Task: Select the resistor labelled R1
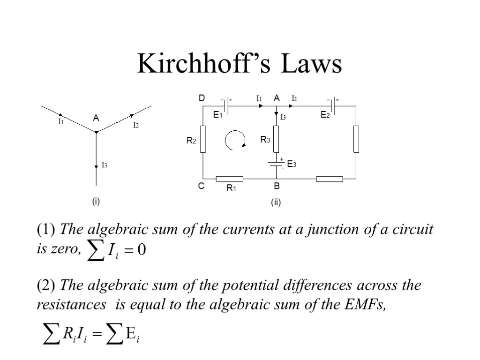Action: (229, 179)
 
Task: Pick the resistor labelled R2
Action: (203, 139)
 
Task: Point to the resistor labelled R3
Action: (276, 139)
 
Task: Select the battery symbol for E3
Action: (276, 164)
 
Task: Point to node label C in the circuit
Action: (201, 186)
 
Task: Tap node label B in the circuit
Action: (277, 186)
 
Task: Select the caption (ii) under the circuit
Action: (275, 202)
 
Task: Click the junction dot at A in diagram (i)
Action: (96, 132)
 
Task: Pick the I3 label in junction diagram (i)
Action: (105, 165)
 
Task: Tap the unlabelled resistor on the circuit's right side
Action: (356, 139)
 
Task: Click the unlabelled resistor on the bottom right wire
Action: (329, 179)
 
